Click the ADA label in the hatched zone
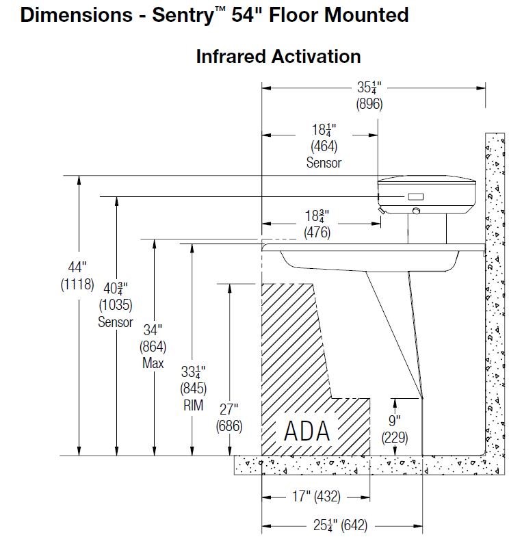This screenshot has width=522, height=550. [307, 431]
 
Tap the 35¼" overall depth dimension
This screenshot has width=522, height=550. [369, 88]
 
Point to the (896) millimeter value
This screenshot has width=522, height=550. [369, 105]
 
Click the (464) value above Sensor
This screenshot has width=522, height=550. [324, 146]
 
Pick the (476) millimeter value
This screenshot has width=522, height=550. [317, 233]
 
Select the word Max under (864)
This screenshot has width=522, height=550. [153, 363]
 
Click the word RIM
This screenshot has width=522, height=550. [193, 406]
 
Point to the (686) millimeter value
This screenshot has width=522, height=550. [227, 425]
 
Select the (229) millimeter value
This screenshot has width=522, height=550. [395, 438]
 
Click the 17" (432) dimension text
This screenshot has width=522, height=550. [315, 497]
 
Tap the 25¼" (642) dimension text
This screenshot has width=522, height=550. [331, 525]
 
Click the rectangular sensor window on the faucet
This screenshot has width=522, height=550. [416, 197]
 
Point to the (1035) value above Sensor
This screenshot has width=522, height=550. [116, 304]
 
